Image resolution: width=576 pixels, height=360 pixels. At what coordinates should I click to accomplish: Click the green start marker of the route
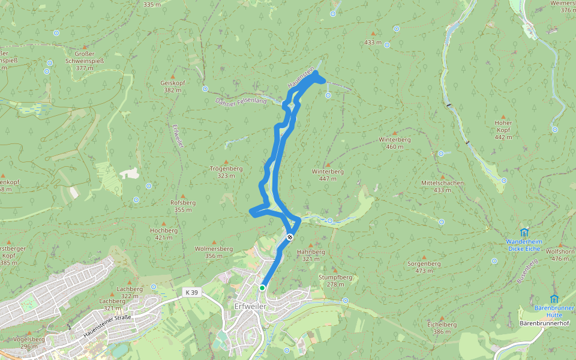click(262, 288)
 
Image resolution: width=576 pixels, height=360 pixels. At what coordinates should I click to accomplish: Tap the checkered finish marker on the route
click(290, 238)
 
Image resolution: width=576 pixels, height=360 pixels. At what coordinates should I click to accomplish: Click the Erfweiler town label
click(250, 306)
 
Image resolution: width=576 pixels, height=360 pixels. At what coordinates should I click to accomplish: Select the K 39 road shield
click(191, 292)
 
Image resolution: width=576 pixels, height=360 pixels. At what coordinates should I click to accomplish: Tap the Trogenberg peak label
click(226, 169)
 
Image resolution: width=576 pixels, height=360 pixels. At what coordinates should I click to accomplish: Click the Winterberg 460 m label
click(394, 139)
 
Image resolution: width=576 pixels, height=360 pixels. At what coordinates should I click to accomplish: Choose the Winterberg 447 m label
click(328, 171)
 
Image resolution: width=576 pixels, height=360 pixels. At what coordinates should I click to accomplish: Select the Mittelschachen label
click(442, 183)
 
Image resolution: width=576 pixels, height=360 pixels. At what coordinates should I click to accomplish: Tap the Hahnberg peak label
click(311, 251)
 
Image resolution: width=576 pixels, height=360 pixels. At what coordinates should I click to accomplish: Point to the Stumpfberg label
click(335, 278)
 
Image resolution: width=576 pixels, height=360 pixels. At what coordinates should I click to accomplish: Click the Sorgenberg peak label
click(424, 263)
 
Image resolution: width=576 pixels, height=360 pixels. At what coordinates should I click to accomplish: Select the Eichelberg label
click(442, 325)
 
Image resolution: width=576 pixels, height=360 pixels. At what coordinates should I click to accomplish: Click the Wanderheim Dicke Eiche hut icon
click(524, 232)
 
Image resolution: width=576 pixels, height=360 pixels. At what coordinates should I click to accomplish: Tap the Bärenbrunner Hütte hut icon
click(554, 299)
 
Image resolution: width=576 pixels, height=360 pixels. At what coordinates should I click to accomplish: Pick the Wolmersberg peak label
click(214, 248)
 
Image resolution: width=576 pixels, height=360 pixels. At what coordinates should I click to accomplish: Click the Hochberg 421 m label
click(164, 230)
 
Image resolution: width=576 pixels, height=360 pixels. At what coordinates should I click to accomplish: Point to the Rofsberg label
click(183, 203)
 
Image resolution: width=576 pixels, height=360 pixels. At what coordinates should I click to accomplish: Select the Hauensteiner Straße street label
click(107, 324)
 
